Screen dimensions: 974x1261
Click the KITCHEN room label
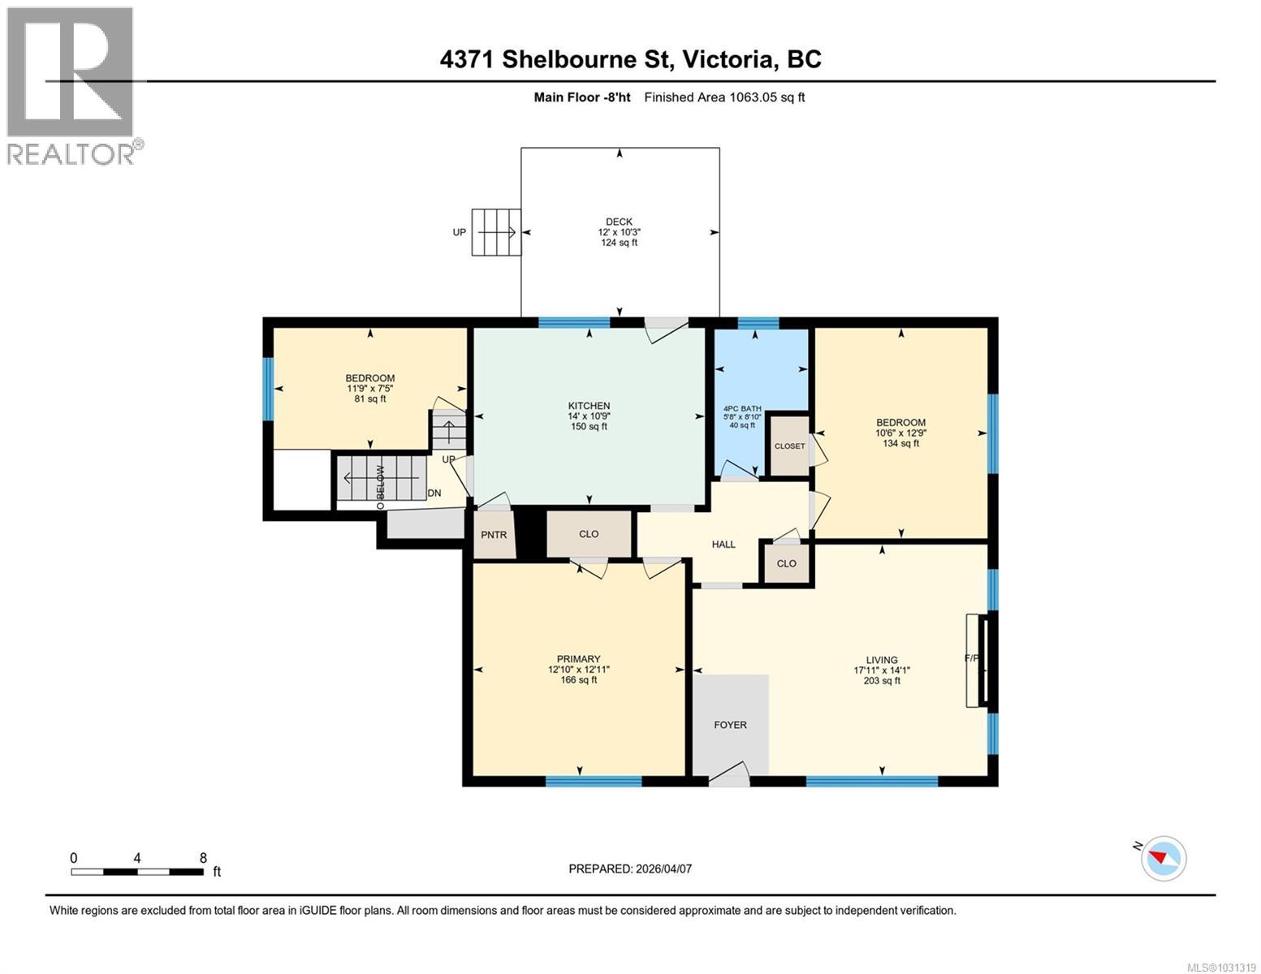point(589,406)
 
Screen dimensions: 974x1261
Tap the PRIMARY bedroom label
point(578,659)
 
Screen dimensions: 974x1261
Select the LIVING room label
point(881,660)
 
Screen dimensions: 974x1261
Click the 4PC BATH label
point(742,408)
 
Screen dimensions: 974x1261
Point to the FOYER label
point(730,725)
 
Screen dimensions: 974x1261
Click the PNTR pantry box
point(494,535)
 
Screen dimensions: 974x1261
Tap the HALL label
point(723,544)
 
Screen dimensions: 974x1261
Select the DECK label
point(619,222)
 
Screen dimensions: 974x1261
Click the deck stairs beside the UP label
point(496,232)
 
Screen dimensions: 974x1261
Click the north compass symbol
point(1163,858)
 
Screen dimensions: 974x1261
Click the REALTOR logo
point(71,85)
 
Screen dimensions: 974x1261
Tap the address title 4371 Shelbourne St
point(630,59)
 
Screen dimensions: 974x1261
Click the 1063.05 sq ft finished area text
point(724,97)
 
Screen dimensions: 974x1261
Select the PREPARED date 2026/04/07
point(630,868)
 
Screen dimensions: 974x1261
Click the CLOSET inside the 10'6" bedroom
point(789,446)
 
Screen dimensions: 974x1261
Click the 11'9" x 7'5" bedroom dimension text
point(370,388)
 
